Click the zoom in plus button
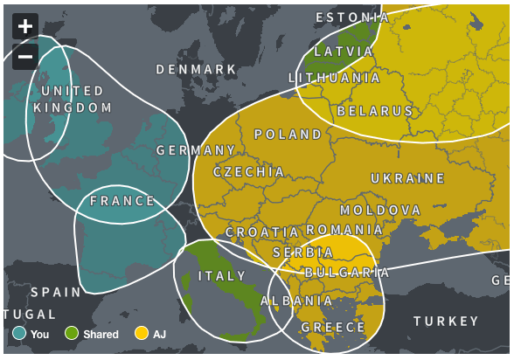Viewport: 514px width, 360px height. click(25, 26)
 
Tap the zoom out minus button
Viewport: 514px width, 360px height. click(25, 57)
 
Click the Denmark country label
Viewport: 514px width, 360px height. click(196, 69)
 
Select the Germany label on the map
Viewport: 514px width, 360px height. click(196, 150)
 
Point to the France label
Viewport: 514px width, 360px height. click(122, 200)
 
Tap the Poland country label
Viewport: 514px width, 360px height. click(288, 135)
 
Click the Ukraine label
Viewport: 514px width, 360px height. click(407, 178)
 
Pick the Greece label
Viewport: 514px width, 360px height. click(333, 327)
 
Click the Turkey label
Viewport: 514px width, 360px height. click(447, 321)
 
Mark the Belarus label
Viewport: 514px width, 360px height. click(375, 112)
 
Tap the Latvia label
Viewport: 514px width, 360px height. click(344, 52)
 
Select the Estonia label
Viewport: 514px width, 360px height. click(352, 17)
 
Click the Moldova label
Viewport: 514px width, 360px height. click(380, 211)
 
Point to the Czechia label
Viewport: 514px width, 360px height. click(249, 172)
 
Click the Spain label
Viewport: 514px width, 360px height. click(55, 292)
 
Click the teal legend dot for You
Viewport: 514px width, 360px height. click(19, 333)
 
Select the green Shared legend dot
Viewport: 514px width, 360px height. click(72, 333)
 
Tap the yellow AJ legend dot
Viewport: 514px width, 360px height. click(141, 333)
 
